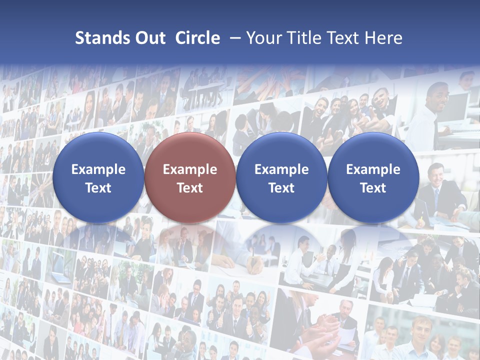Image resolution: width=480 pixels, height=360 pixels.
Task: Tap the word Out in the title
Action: [149, 38]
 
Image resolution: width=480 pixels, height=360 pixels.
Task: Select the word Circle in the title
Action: [197, 38]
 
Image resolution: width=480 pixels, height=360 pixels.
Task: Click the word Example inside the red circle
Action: [190, 169]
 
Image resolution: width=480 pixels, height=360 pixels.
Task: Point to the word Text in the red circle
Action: [190, 188]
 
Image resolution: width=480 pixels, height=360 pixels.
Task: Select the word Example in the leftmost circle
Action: [98, 169]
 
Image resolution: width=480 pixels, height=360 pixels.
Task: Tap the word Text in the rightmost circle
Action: [373, 188]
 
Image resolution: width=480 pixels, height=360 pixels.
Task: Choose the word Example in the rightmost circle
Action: [373, 169]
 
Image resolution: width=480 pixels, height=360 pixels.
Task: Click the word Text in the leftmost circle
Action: [98, 188]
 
